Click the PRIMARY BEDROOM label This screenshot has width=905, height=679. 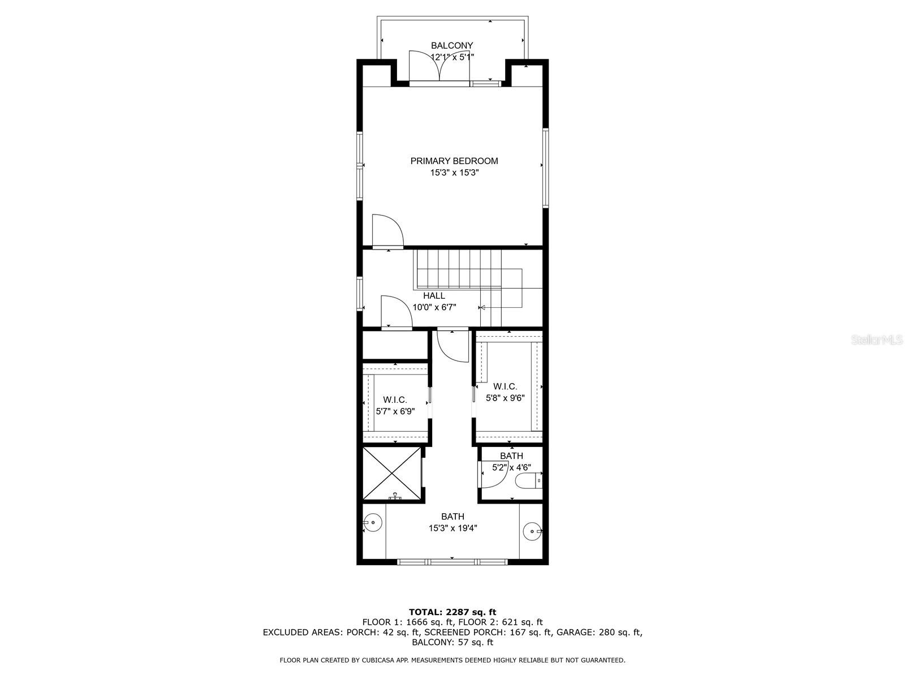pyautogui.click(x=454, y=161)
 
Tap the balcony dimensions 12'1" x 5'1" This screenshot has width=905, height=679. pyautogui.click(x=452, y=57)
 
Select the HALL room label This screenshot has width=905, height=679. pyautogui.click(x=434, y=295)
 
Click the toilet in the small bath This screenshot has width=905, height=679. pyautogui.click(x=528, y=482)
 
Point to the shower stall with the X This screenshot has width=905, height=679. pyautogui.click(x=391, y=474)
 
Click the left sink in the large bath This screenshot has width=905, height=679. pyautogui.click(x=372, y=523)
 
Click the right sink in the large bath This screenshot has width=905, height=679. pyautogui.click(x=532, y=531)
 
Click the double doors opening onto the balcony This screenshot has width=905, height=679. pyautogui.click(x=439, y=68)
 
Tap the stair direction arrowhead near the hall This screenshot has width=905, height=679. pyautogui.click(x=482, y=308)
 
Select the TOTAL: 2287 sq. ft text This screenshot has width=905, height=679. pyautogui.click(x=452, y=612)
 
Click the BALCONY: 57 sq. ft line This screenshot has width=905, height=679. pyautogui.click(x=452, y=642)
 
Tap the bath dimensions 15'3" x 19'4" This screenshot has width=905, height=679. pyautogui.click(x=453, y=528)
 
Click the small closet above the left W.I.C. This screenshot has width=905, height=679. pyautogui.click(x=394, y=345)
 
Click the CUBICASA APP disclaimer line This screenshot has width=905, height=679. pyautogui.click(x=452, y=660)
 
